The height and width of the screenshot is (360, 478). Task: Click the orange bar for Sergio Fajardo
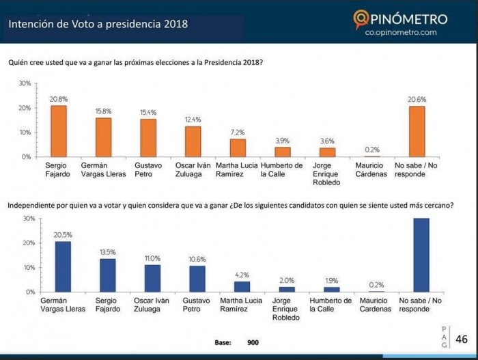pos(58,131)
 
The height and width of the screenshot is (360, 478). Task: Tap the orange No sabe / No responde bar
pos(417,131)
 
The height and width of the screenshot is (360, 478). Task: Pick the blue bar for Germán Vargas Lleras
pos(63,266)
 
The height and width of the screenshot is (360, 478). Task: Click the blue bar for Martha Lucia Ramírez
pos(242,286)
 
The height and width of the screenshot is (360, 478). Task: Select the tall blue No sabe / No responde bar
pos(421,255)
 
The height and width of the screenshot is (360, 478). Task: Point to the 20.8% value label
pos(58,99)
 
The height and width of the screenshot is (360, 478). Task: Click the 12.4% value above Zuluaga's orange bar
pos(193,120)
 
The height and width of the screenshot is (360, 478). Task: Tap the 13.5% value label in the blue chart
pos(108,252)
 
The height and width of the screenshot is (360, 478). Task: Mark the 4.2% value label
pos(242,275)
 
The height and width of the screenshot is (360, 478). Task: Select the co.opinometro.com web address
pos(401,32)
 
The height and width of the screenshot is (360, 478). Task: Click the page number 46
pos(462,339)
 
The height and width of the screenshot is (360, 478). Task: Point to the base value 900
pos(253,342)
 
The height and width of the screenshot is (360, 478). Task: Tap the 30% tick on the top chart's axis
pos(25,83)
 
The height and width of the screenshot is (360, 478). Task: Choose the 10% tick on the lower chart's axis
pos(29,267)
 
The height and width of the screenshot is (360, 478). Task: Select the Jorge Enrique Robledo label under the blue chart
pos(285,309)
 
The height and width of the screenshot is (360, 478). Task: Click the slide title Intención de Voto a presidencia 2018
pos(98,25)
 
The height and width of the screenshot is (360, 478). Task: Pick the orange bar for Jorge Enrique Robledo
pos(327,152)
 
